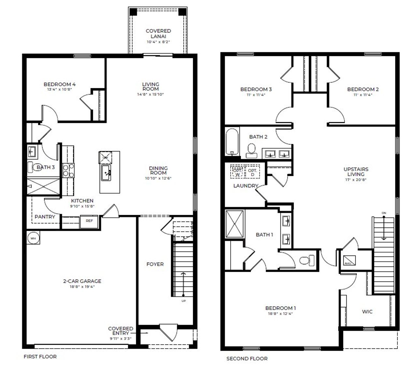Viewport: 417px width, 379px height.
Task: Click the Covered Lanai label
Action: [x=158, y=34]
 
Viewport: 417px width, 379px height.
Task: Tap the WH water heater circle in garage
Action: [x=33, y=238]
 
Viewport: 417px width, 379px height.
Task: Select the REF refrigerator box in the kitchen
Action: [x=89, y=221]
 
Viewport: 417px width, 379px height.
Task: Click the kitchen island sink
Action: [x=106, y=172]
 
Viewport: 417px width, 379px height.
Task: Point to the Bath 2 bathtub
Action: [x=232, y=142]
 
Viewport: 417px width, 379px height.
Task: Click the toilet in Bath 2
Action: [x=251, y=149]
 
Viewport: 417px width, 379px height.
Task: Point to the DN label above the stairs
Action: [x=384, y=213]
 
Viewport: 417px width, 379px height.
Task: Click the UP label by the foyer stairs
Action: [x=184, y=301]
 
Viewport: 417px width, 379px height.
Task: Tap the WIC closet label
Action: [x=367, y=312]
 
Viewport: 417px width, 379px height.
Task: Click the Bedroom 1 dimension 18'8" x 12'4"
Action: [x=280, y=313]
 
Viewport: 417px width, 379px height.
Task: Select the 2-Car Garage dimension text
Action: [x=82, y=286]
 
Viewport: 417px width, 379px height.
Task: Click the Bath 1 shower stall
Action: [x=235, y=224]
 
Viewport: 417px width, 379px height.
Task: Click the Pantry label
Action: [x=45, y=217]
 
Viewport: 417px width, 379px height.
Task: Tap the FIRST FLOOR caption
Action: [x=40, y=357]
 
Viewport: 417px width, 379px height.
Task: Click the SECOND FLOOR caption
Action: [x=247, y=358]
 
